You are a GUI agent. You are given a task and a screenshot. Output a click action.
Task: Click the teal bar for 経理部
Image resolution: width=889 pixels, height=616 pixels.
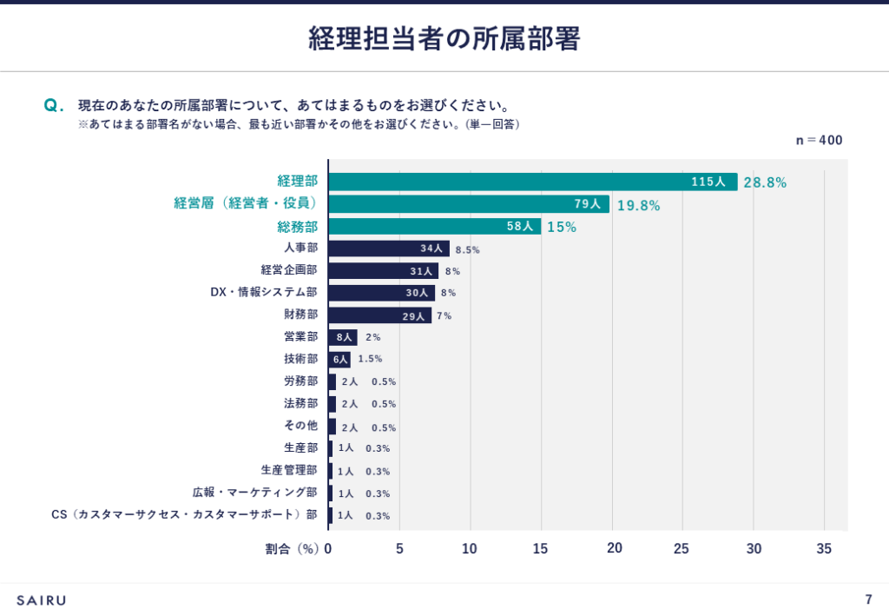point(532,182)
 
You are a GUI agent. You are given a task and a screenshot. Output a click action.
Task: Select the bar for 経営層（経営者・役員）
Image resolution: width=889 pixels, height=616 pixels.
point(468,204)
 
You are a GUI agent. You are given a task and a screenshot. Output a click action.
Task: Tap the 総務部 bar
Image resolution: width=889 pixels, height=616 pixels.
point(434,226)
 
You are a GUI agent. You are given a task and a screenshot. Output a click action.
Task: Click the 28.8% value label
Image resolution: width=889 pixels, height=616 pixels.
point(765,182)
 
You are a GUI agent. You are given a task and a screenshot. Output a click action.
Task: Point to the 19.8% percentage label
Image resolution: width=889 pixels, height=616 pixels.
point(638,205)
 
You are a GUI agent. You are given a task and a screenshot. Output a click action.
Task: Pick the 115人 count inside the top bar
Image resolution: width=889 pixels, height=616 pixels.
point(708,182)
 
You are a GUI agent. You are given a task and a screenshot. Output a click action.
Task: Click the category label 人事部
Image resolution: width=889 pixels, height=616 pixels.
point(300,248)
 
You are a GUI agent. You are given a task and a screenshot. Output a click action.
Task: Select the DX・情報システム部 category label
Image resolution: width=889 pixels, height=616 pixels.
point(264,292)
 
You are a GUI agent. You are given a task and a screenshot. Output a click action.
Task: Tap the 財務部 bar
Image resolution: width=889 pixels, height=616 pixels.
point(379,315)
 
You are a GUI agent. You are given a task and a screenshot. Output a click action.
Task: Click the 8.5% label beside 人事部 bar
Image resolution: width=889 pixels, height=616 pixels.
point(467,249)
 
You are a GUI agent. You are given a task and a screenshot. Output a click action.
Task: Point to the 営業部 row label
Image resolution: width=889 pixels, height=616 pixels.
point(300,336)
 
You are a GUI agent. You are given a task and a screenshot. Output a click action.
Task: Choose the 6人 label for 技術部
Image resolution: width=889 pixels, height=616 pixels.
point(340,359)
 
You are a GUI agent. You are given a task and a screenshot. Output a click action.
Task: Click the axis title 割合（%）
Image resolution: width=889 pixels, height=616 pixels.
point(293,548)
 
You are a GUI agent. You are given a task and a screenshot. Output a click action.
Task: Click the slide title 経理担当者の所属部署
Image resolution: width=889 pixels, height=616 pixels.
point(444,39)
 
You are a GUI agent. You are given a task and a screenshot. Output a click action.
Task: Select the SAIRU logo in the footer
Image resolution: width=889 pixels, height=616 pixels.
point(41,599)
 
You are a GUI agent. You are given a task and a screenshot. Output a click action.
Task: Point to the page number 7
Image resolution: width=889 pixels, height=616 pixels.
point(868,599)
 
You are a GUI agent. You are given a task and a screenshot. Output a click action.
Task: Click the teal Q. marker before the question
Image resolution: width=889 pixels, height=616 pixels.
point(54,106)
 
